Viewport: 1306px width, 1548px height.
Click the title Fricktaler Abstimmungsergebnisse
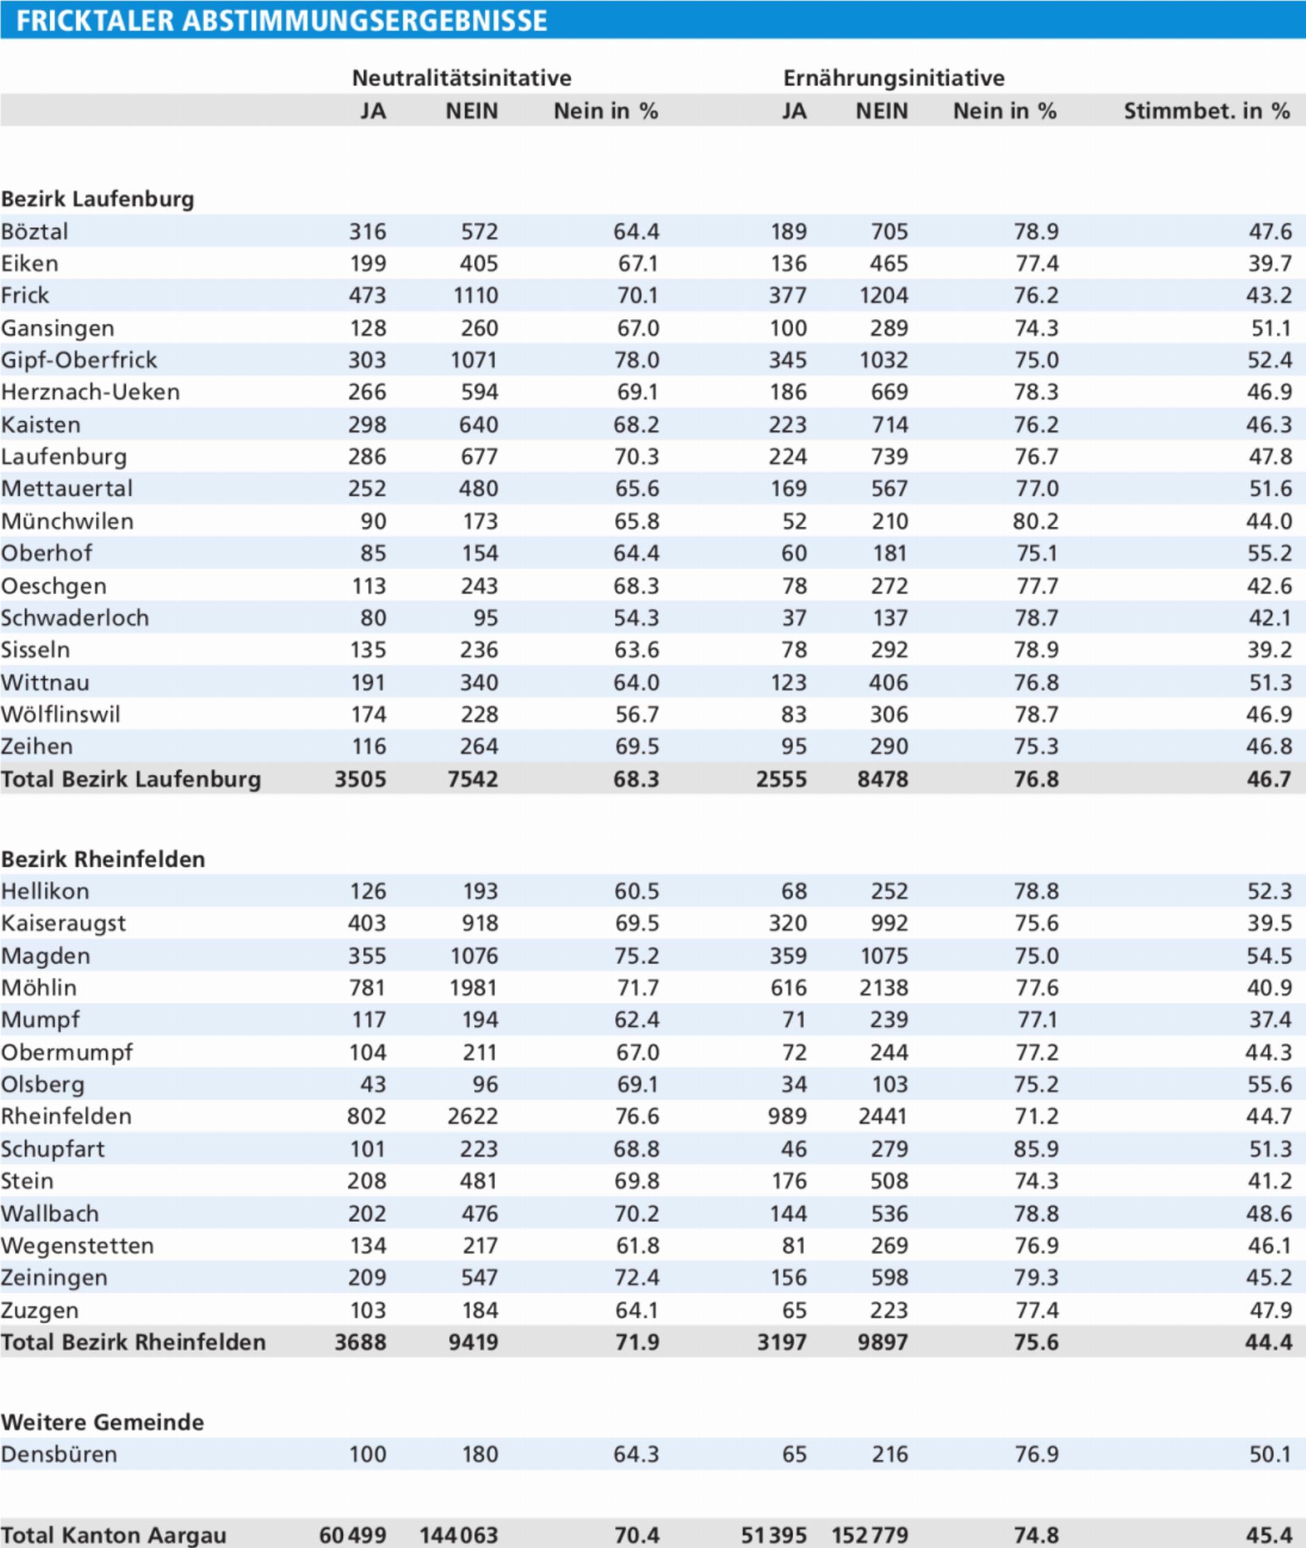pos(282,20)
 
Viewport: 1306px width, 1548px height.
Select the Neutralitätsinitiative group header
pos(462,78)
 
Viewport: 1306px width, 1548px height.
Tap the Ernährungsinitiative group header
pos(894,78)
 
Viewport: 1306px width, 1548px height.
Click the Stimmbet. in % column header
pos(1207,111)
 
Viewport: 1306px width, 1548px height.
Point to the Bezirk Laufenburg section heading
pos(98,199)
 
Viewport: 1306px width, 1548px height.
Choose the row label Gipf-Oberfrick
pos(79,360)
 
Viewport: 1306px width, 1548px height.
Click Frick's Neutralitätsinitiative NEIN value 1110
pos(476,295)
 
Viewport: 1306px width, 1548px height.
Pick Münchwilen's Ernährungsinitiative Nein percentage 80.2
pos(1036,521)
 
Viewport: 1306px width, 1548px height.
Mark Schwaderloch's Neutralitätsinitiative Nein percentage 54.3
pos(636,618)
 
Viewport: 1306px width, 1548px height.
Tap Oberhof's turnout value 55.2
pos(1269,553)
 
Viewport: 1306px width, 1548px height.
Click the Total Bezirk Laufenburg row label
pos(131,779)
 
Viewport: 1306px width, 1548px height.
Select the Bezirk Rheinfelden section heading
pos(103,859)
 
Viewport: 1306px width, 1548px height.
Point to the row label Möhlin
pos(39,988)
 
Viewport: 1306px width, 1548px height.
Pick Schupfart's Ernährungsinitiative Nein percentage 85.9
pos(1037,1149)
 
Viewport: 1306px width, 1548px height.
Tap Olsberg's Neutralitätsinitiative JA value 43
pos(373,1085)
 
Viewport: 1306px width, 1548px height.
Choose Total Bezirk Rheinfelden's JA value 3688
pos(361,1342)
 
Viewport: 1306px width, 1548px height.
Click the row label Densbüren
pos(59,1454)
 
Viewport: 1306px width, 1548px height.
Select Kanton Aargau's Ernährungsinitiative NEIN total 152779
pos(870,1534)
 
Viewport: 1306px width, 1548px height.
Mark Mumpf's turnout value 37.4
pos(1271,1020)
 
